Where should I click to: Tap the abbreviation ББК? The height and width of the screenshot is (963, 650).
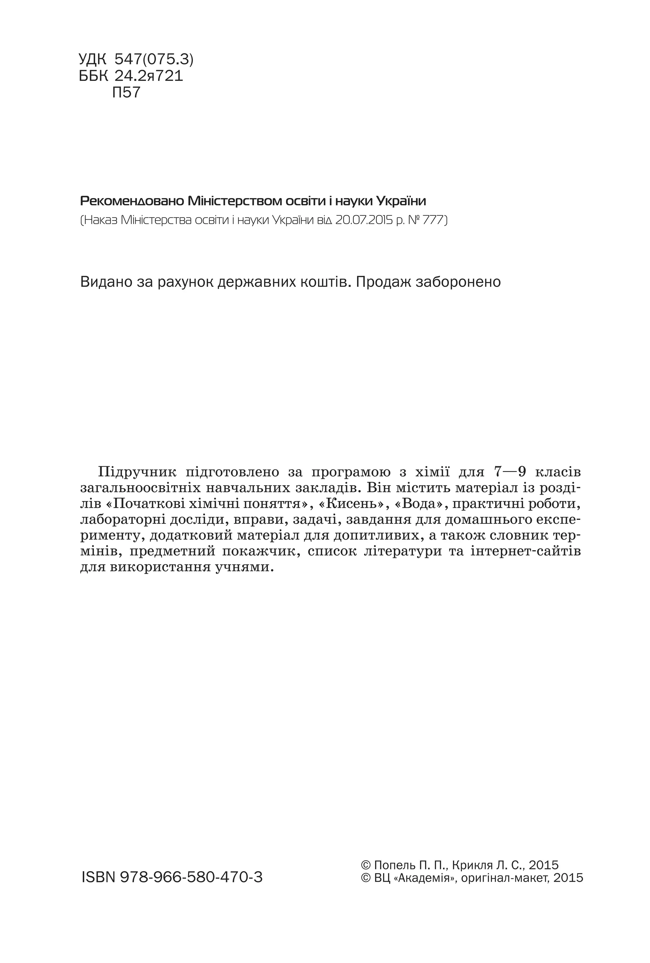[93, 76]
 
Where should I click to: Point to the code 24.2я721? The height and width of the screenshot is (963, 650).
[148, 76]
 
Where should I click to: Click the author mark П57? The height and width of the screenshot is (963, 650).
[126, 92]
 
